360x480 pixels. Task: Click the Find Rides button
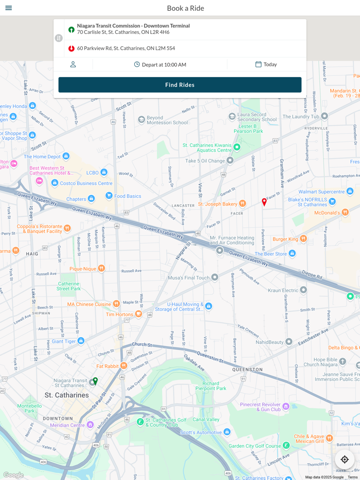(x=179, y=85)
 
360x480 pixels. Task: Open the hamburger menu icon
(x=9, y=8)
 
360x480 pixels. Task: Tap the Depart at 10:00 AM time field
(x=160, y=65)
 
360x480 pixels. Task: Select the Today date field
(x=266, y=64)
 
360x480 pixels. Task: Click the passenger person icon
(x=73, y=64)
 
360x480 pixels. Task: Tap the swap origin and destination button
(x=59, y=38)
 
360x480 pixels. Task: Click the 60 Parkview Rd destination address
(x=126, y=48)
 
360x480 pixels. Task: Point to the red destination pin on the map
(x=264, y=202)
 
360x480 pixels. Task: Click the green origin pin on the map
(x=95, y=381)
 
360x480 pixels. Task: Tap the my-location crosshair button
(x=345, y=459)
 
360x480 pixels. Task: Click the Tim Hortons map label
(x=119, y=314)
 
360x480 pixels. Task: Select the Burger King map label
(x=285, y=239)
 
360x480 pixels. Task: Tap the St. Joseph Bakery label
(x=218, y=204)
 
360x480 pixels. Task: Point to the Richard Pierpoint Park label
(x=214, y=385)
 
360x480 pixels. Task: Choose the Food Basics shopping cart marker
(x=109, y=195)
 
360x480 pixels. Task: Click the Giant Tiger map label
(x=64, y=341)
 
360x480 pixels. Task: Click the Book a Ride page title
(x=185, y=8)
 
